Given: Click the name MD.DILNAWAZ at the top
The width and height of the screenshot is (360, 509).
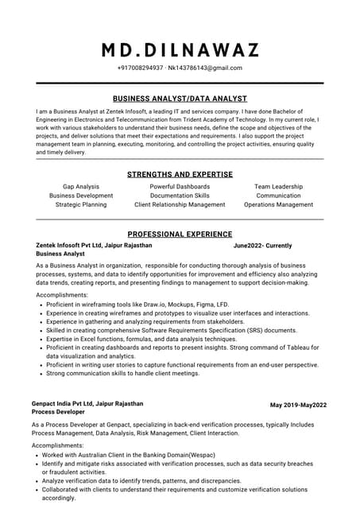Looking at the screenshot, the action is coord(180,50).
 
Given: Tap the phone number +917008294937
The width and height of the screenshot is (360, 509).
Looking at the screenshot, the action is coord(140,68).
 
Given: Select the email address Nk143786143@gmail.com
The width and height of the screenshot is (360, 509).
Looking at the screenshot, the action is coord(204,68).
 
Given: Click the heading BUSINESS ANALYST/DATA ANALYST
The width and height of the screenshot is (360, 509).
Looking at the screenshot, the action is coord(180,99).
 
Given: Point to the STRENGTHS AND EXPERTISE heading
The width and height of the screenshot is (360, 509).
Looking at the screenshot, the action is coord(180,174).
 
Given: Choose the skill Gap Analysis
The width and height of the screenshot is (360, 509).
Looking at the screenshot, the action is coord(81,186).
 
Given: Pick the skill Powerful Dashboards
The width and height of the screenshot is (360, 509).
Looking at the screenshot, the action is coord(180,186).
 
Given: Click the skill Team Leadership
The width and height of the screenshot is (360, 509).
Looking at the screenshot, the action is coord(278,186).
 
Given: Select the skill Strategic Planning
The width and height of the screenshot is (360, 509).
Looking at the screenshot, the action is coord(81,204).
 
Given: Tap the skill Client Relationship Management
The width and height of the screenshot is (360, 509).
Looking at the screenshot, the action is coord(180,204).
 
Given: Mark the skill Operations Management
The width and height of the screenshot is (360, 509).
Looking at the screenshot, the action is coord(278,204).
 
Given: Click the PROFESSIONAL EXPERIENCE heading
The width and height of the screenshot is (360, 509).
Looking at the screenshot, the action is coord(180,235).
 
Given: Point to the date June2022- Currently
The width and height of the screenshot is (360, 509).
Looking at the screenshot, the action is coord(262,246).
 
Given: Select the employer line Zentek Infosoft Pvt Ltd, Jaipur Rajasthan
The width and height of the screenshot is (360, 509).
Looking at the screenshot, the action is coord(94,246).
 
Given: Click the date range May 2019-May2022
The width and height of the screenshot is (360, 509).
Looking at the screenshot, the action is coord(298,406).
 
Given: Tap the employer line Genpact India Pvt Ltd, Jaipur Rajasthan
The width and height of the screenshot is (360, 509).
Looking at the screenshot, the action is coord(87,404).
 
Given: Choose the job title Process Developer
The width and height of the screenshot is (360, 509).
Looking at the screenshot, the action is coord(58,414).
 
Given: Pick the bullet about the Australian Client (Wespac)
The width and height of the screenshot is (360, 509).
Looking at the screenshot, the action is coord(135,455).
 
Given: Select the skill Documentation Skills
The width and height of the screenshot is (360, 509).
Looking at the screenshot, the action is coord(180,195).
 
